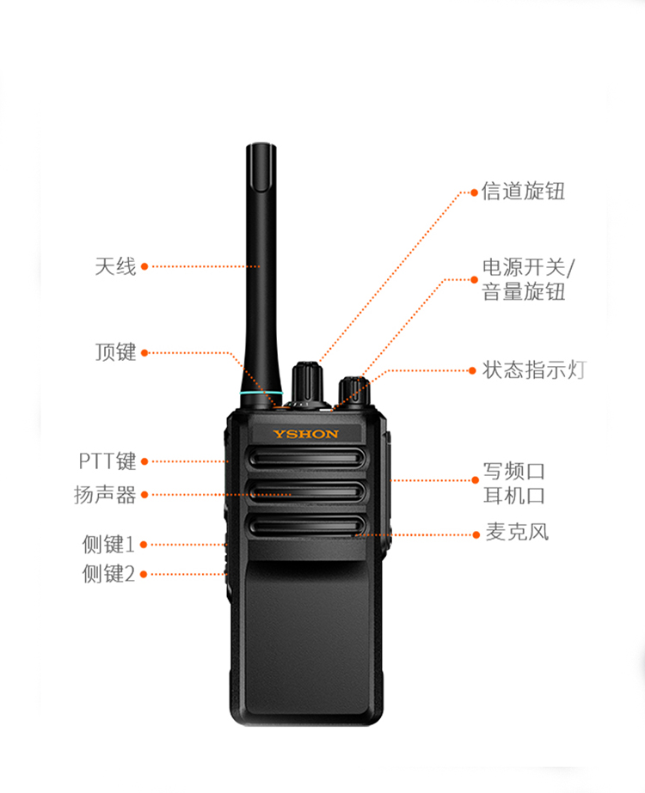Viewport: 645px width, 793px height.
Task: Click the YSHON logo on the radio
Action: coord(306,434)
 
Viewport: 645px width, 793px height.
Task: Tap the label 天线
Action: coord(116,266)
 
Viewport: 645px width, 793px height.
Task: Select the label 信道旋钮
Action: coord(523,192)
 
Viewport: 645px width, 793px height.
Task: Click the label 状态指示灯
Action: coord(534,370)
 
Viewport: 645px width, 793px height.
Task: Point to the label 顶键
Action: coord(116,352)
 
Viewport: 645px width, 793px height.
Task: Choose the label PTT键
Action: coord(107,461)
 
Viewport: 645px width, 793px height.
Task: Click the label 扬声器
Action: coord(105,495)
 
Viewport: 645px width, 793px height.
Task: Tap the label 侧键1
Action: coord(108,545)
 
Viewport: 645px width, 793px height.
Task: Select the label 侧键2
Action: coord(108,574)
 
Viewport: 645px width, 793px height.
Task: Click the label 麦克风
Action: coord(518,532)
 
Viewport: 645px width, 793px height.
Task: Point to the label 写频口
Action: coord(514,472)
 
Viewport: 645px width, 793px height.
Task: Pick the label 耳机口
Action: coord(514,496)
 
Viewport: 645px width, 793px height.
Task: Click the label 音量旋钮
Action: coord(524,292)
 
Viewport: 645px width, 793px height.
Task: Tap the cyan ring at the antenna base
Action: coord(261,393)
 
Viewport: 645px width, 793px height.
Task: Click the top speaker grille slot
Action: coord(307,458)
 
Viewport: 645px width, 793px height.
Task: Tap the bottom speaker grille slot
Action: coord(307,527)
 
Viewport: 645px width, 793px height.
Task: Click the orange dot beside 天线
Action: coord(144,266)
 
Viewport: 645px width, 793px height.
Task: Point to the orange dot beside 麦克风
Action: coord(476,534)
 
